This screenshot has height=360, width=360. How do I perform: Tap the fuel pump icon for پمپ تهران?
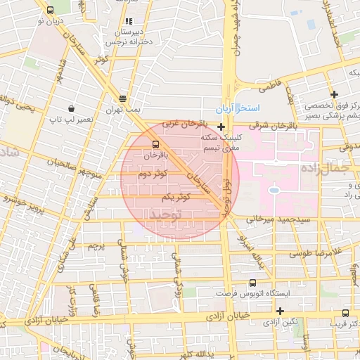click(x=123, y=98)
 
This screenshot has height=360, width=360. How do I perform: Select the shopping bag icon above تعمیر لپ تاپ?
click(x=72, y=108)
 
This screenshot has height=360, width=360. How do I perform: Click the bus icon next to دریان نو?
click(x=50, y=11)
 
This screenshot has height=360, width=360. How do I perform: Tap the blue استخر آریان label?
click(x=238, y=109)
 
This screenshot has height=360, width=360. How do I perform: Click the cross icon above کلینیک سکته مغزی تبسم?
click(x=221, y=127)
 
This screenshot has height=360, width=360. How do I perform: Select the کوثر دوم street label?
click(x=153, y=173)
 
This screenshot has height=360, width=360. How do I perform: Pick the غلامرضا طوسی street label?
click(x=321, y=252)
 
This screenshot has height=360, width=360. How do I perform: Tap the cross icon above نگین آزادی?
click(x=280, y=311)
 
